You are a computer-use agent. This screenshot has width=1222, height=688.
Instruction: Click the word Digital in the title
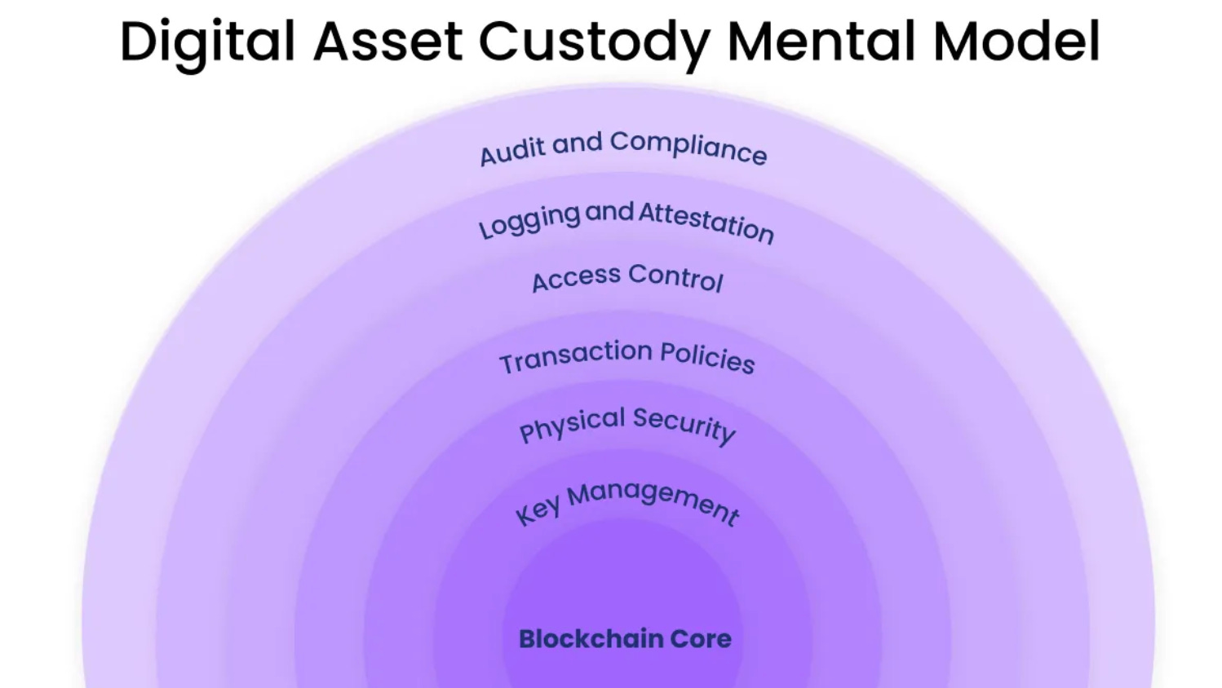point(207,41)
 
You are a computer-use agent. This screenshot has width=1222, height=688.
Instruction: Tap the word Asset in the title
point(387,41)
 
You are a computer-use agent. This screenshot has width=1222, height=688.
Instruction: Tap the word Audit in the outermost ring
point(511,151)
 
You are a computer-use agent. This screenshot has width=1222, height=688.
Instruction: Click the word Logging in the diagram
point(529,221)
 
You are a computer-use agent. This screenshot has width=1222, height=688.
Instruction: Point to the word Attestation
point(706,222)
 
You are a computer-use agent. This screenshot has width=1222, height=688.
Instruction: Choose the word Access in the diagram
point(576,279)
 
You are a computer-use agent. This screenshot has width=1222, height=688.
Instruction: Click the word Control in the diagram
point(675,277)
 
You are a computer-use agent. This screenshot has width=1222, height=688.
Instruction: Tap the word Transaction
point(576,357)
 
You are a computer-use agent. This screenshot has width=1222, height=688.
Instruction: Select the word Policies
point(706,357)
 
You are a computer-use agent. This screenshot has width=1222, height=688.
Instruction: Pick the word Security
point(684,425)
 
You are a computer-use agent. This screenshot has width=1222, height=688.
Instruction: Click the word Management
point(653,500)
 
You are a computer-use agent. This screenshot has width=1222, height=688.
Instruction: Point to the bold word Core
point(700,639)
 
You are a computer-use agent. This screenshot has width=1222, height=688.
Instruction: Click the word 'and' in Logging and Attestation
point(609,212)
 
